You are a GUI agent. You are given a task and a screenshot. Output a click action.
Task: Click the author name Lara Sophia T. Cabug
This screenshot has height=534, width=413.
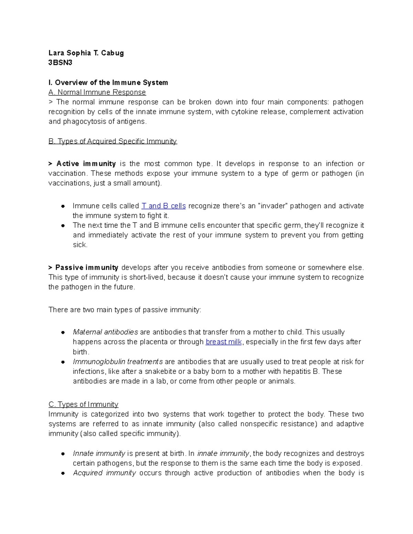86,53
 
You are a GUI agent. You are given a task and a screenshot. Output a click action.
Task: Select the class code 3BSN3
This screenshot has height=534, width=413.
60,63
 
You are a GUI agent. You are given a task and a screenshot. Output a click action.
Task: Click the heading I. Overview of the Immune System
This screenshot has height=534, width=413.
108,83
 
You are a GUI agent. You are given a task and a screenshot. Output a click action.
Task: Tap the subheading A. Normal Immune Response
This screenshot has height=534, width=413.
97,92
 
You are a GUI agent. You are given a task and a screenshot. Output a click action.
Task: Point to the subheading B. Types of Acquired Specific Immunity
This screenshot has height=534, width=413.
113,141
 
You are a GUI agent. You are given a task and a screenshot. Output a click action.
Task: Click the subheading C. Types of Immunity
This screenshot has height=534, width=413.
83,404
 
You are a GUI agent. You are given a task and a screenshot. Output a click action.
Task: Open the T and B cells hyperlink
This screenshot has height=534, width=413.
163,206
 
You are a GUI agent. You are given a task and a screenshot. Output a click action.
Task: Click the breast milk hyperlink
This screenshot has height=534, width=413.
224,342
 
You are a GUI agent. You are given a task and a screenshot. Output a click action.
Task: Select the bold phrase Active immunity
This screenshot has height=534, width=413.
86,164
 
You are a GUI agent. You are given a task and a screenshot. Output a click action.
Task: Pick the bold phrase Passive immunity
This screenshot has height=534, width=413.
87,268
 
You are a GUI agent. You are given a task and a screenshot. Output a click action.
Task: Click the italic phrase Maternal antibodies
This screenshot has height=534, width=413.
105,332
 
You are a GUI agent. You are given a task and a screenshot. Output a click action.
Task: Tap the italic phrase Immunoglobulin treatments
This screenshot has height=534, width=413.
118,362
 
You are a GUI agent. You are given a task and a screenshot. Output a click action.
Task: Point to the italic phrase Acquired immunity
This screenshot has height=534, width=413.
104,473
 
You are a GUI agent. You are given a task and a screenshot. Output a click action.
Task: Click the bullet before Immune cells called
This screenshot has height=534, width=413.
63,206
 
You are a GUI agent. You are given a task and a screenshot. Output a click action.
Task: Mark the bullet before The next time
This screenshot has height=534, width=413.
63,226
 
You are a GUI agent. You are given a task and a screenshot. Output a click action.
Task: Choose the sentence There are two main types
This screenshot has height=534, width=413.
125,310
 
